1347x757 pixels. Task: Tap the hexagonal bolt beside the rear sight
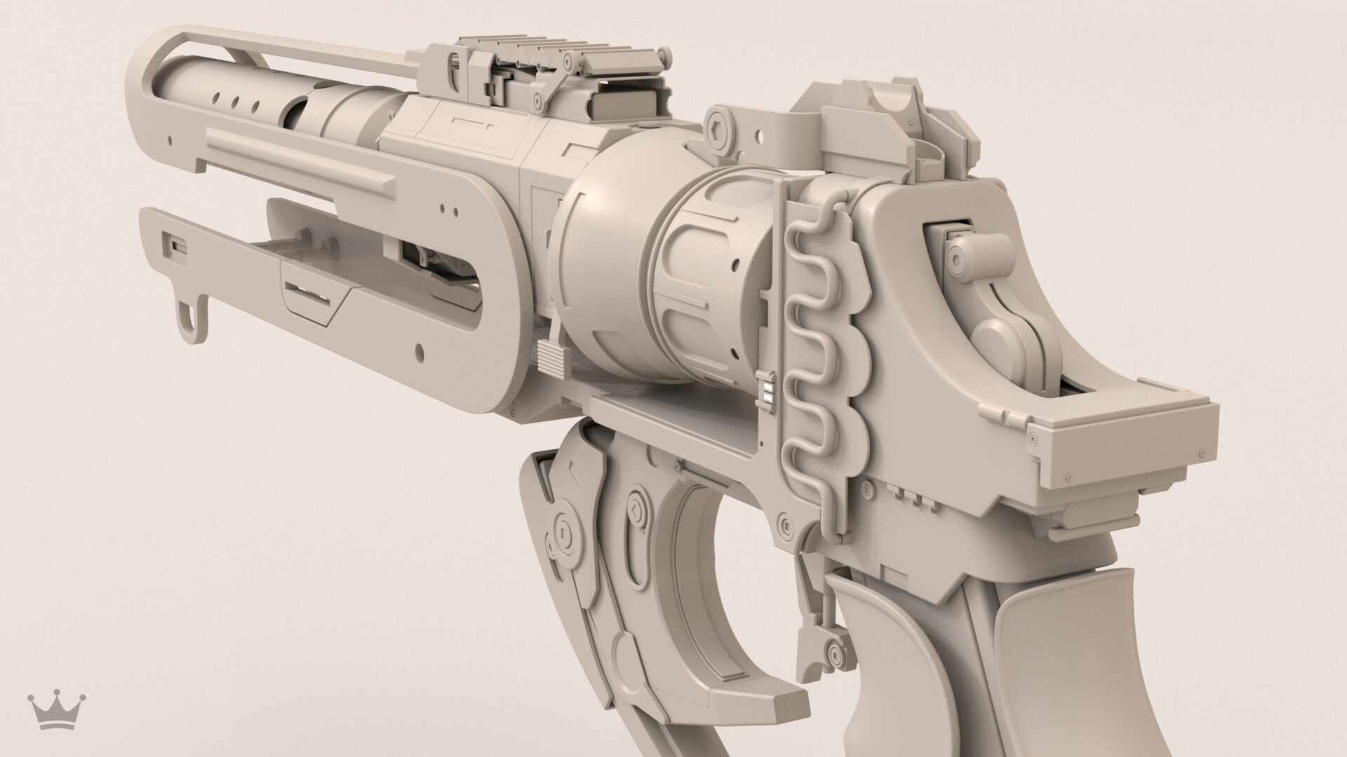(720, 129)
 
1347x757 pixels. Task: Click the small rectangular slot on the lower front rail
(172, 245)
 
